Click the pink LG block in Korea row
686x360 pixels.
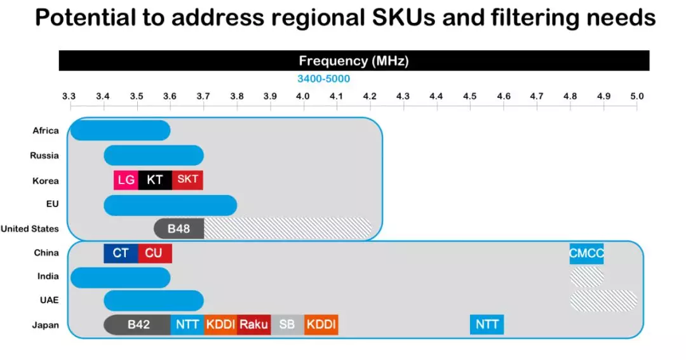click(126, 180)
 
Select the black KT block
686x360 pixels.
click(155, 180)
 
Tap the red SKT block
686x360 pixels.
click(187, 180)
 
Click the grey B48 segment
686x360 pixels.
click(179, 229)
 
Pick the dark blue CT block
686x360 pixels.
click(121, 253)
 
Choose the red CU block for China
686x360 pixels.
click(155, 253)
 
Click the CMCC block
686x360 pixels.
click(586, 253)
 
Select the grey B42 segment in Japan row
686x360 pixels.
click(137, 324)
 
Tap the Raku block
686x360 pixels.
click(253, 324)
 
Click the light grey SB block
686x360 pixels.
click(288, 324)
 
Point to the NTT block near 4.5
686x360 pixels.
click(487, 324)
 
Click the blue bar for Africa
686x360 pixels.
click(120, 130)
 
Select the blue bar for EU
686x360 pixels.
click(171, 205)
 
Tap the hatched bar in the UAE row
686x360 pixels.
click(604, 300)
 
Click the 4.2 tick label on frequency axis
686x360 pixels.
click(370, 97)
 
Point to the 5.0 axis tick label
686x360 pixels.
click(637, 97)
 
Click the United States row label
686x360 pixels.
click(30, 229)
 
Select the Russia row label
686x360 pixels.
click(44, 156)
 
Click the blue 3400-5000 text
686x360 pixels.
click(324, 79)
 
